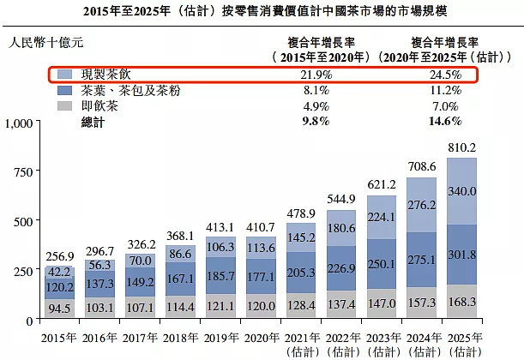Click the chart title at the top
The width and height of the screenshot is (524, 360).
(x=262, y=12)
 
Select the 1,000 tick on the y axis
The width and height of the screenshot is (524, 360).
(x=19, y=123)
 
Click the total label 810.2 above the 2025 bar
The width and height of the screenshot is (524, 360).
(x=461, y=147)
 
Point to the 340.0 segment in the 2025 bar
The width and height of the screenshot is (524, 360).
(x=462, y=190)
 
